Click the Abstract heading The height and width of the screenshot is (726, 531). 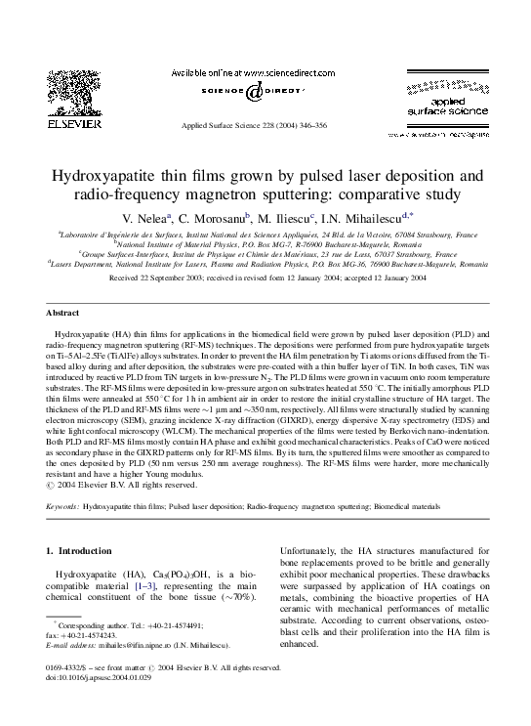coord(62,313)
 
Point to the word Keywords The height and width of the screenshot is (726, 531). coord(64,508)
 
